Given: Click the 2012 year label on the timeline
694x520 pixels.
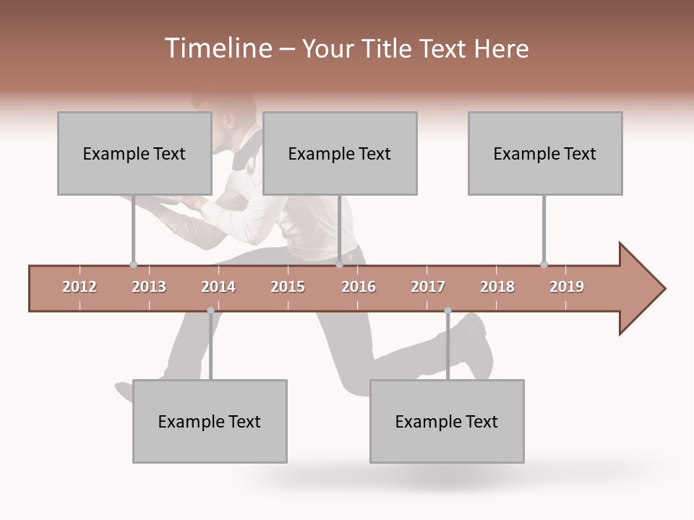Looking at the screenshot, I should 80,287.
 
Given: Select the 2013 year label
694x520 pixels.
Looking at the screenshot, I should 149,287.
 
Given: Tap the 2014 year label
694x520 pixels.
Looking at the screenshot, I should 218,287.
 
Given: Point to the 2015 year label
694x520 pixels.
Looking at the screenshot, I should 288,287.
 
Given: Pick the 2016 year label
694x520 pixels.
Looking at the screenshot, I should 359,287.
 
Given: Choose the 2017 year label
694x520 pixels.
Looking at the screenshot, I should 428,287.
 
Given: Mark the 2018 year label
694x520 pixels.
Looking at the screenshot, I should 497,287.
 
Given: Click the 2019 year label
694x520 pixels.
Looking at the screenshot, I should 567,287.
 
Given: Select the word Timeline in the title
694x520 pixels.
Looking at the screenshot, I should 216,48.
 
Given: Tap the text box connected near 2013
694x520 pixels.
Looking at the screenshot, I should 134,153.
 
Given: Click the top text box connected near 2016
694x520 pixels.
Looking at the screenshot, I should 340,153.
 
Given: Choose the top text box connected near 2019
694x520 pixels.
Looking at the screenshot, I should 545,153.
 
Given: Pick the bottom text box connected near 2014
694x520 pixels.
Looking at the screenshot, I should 210,421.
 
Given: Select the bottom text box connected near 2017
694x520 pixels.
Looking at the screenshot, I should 447,421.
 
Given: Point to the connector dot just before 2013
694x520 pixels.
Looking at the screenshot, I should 133,264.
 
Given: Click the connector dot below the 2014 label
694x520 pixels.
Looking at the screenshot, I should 210,311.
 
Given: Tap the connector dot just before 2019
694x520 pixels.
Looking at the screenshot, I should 544,264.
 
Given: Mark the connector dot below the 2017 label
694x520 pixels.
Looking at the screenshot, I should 447,311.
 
